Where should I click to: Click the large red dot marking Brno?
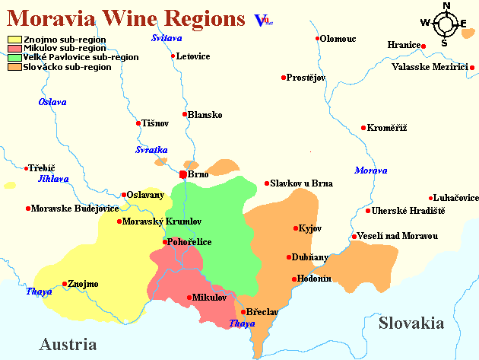pyautogui.click(x=182, y=174)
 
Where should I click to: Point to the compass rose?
pyautogui.click(x=446, y=24)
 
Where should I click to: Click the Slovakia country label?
pyautogui.click(x=411, y=323)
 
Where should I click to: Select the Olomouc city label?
pyautogui.click(x=338, y=38)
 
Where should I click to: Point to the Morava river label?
pyautogui.click(x=370, y=170)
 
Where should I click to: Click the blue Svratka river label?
pyautogui.click(x=151, y=150)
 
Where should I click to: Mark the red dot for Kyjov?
pyautogui.click(x=296, y=228)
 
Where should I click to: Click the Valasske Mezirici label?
pyautogui.click(x=430, y=67)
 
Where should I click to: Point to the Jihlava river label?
pyautogui.click(x=53, y=179)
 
